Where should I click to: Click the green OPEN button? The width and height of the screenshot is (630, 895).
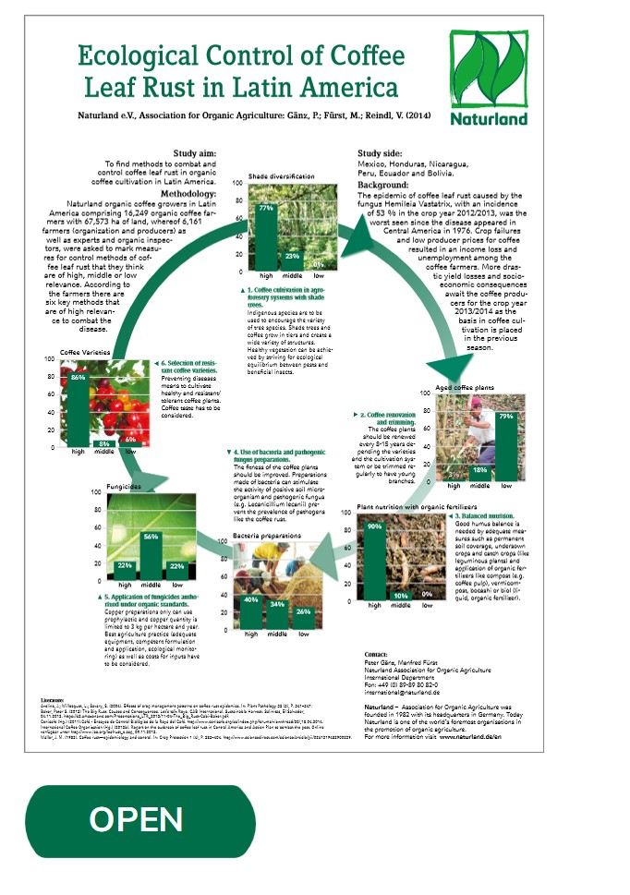137,819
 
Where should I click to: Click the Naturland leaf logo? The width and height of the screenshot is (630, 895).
489,69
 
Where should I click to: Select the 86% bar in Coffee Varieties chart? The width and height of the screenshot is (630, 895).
78,409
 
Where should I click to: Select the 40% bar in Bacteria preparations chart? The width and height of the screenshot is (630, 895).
250,611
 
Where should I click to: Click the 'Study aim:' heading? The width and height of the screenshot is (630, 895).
196,152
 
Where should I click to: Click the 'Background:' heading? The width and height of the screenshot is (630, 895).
382,186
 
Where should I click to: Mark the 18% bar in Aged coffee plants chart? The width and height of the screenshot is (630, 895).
479,472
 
